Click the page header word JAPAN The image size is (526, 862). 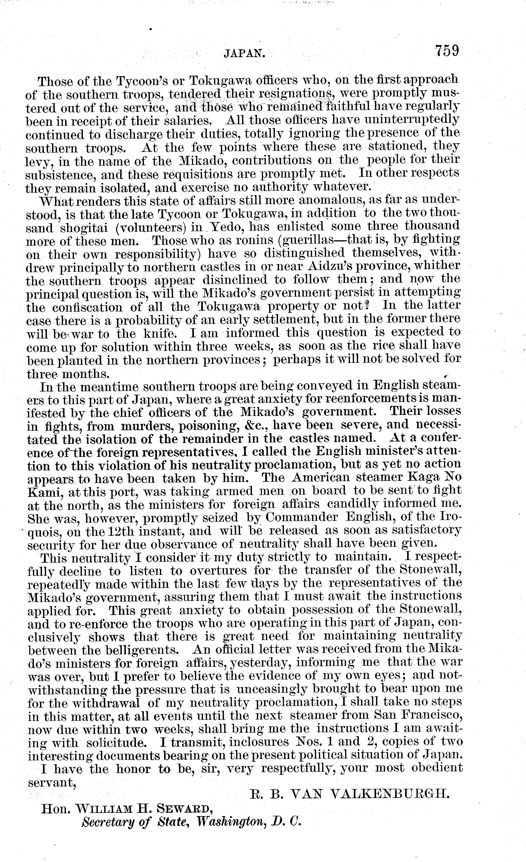click(244, 53)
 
